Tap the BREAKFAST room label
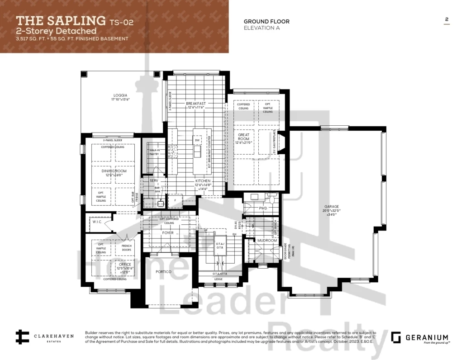click(196, 104)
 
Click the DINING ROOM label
click(114, 171)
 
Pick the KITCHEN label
click(203, 181)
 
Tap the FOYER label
click(168, 233)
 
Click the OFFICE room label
click(112, 265)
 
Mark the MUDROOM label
click(267, 241)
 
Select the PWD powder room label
click(263, 208)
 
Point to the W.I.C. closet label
click(98, 222)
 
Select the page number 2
click(446, 19)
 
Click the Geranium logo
click(419, 338)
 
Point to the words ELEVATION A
click(262, 28)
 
